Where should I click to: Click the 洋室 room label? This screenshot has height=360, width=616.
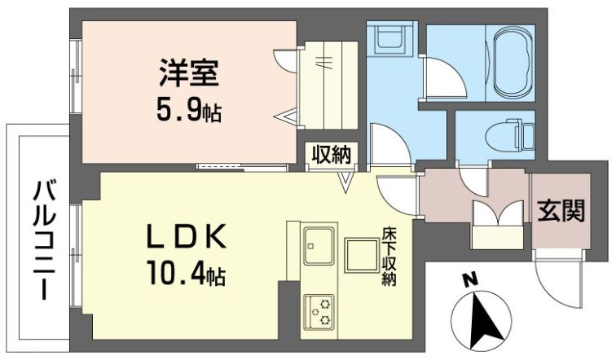[189, 72]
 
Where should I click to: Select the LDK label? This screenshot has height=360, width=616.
[187, 236]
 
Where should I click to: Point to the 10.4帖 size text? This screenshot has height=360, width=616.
[187, 273]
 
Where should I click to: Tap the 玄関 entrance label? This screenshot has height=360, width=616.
[561, 210]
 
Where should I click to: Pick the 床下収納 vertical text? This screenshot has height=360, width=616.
[389, 256]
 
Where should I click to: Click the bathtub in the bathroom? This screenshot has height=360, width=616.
[509, 62]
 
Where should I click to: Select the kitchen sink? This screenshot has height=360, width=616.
[319, 246]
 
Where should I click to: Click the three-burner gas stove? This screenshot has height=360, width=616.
[319, 312]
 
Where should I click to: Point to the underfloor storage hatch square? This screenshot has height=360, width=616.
[362, 255]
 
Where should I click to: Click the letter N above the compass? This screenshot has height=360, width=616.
[470, 280]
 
